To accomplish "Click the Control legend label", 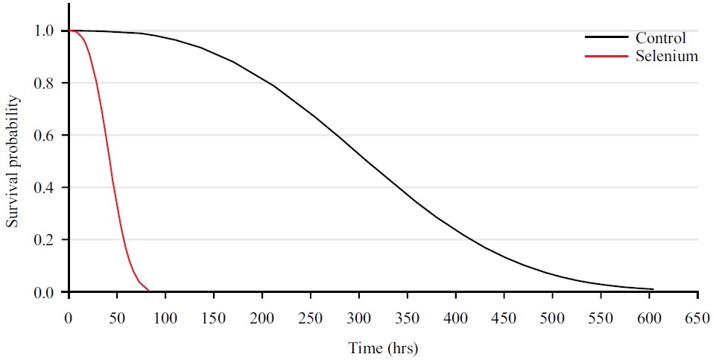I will point(660,38).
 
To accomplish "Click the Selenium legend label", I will point(666,56).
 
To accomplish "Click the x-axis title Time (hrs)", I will point(383,348).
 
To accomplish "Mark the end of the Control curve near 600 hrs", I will point(653,289).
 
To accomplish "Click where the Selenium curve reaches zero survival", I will point(149,291).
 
